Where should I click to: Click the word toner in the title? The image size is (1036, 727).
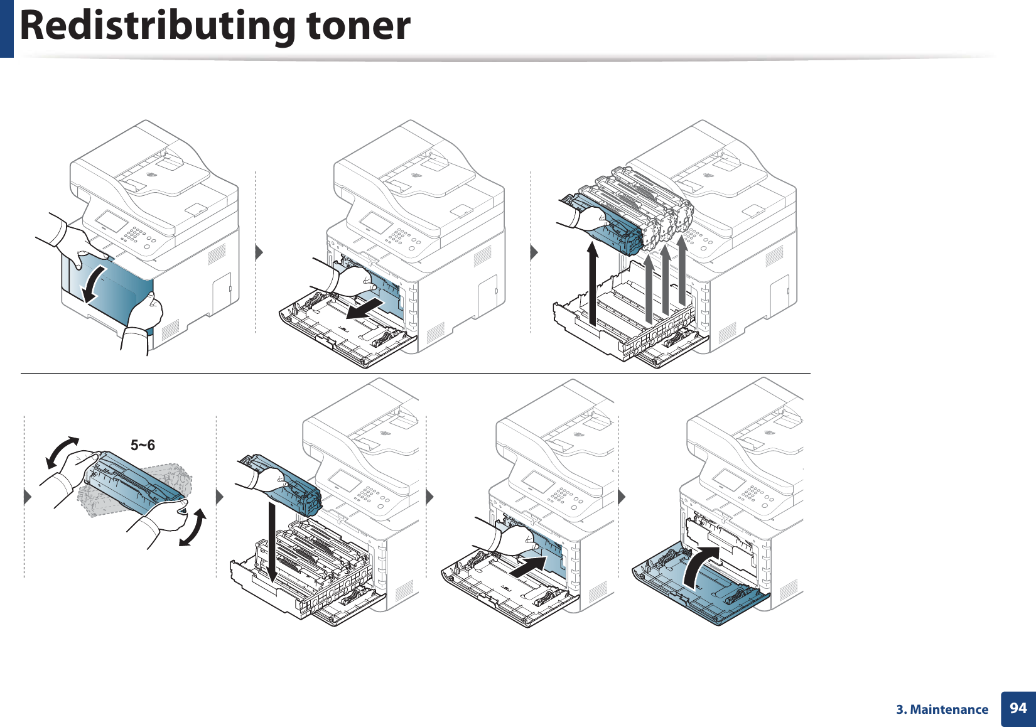click(358, 26)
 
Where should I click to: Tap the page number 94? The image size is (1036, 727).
click(1018, 708)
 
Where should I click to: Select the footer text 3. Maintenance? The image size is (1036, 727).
click(942, 709)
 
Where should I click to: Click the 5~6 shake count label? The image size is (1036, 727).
click(143, 445)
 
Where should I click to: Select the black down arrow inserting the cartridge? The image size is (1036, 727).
click(271, 540)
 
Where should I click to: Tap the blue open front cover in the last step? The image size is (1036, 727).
click(703, 593)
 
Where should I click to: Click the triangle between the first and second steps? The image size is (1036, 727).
click(259, 252)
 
